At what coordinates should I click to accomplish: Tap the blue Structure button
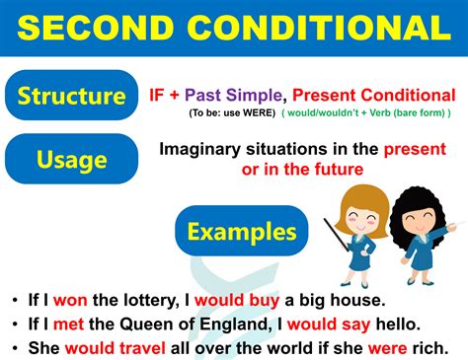71,96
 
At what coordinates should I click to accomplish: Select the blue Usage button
71,158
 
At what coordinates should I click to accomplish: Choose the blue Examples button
242,232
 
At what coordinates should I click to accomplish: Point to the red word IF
156,96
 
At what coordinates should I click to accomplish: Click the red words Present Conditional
374,96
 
